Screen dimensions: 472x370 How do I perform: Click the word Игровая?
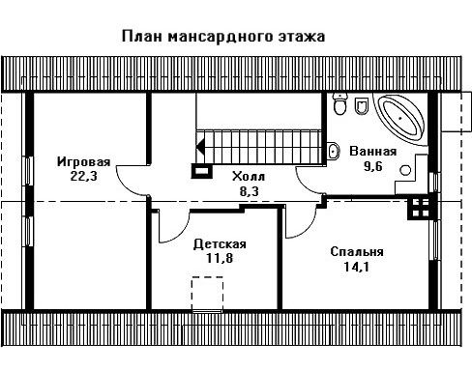tap(84, 161)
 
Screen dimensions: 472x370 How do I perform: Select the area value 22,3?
tap(83, 176)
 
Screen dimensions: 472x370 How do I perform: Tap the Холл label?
tap(249, 177)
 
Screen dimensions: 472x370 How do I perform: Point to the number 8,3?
tap(249, 191)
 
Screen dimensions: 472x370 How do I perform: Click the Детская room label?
tap(220, 243)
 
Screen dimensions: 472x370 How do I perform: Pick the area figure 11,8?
tap(220, 258)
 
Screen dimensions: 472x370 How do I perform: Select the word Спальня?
tap(357, 251)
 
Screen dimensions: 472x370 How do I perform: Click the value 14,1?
tap(356, 267)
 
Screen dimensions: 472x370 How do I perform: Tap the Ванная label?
tap(373, 151)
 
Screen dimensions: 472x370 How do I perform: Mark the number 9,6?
tap(373, 166)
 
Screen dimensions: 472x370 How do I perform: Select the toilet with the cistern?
tap(339, 103)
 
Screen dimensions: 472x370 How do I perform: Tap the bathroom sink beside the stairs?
tap(333, 151)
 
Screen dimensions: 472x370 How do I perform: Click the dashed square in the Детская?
tap(207, 293)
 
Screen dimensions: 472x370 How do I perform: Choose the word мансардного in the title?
tap(221, 37)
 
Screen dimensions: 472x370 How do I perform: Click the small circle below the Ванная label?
tap(405, 170)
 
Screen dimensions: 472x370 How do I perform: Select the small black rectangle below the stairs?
tap(202, 171)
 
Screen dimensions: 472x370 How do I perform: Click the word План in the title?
tap(141, 36)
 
